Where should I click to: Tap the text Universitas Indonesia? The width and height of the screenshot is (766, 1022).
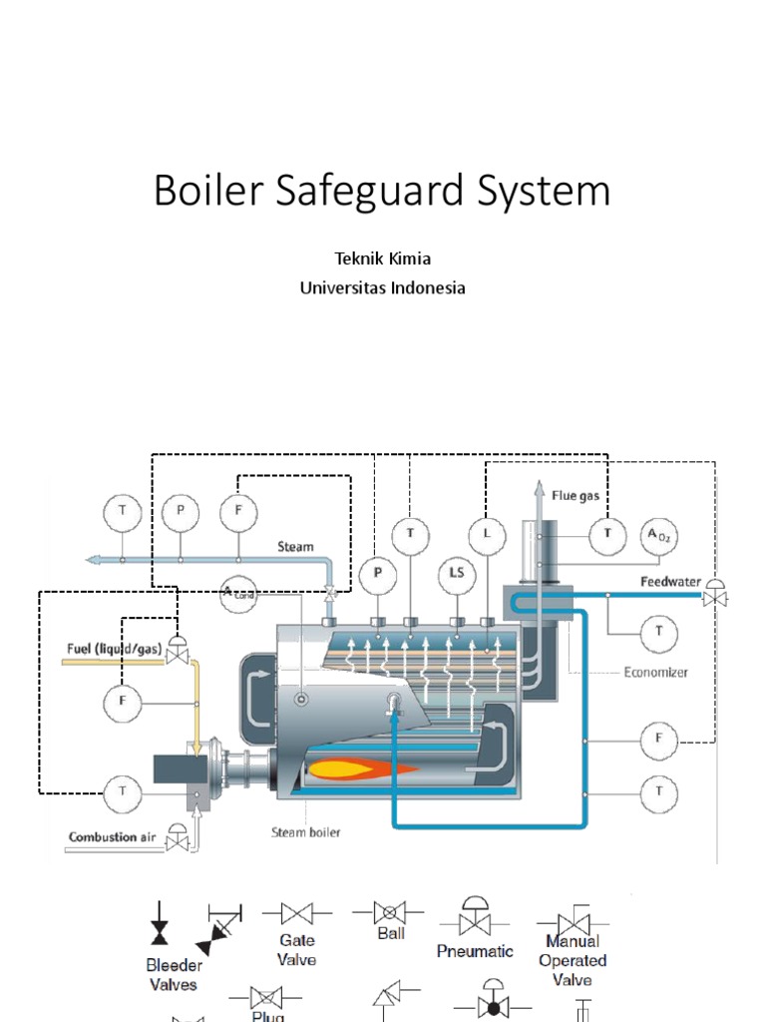tap(383, 288)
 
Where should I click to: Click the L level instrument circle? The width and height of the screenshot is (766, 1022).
tap(487, 535)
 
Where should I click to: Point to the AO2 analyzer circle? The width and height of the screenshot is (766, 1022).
tap(657, 534)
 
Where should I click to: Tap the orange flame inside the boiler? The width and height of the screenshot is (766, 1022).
tap(359, 769)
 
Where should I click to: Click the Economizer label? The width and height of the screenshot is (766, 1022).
tap(655, 673)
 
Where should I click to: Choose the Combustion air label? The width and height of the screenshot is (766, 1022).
tap(116, 836)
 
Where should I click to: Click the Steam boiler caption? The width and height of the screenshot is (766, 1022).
tap(306, 832)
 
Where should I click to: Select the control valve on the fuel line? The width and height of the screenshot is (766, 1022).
tap(178, 653)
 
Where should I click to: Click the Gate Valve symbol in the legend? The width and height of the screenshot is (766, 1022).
tap(296, 913)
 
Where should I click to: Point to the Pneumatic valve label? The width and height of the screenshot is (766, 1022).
tap(474, 951)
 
